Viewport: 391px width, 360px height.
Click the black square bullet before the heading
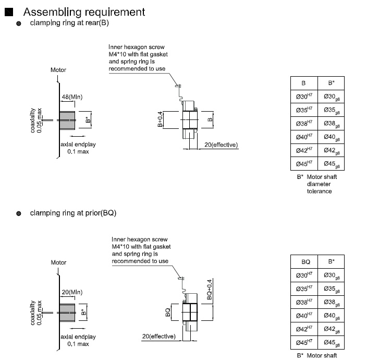8,11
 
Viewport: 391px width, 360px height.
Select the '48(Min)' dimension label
72,97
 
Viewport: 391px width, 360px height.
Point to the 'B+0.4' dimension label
160,119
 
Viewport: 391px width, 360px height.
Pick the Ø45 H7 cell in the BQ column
307,343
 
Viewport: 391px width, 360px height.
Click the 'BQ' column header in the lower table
307,261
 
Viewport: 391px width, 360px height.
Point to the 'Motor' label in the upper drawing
58,70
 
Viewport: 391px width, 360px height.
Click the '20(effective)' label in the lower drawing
158,336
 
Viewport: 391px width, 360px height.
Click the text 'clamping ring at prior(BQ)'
73,213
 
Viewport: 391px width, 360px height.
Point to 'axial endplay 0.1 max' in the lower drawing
79,340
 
